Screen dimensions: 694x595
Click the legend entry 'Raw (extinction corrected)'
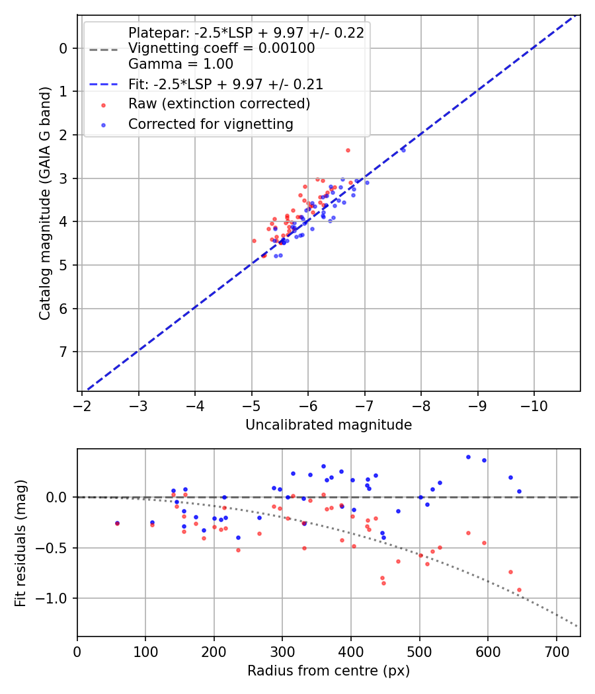(x=219, y=104)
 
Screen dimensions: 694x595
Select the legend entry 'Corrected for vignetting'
(x=210, y=124)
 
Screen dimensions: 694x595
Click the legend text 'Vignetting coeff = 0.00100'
(x=221, y=48)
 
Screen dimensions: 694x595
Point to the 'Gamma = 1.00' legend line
(x=180, y=64)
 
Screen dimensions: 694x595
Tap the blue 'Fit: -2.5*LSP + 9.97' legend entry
(x=225, y=84)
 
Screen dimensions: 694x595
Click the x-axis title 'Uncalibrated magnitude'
(x=329, y=425)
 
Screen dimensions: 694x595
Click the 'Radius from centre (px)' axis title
(x=329, y=671)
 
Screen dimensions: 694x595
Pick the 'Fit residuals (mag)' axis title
(x=20, y=543)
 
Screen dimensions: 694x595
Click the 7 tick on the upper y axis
(x=63, y=352)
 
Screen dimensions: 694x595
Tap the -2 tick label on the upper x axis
(x=82, y=405)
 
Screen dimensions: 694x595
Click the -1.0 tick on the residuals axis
(x=57, y=598)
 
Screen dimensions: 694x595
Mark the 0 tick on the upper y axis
(x=63, y=48)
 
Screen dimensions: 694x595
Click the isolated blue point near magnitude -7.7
(x=403, y=150)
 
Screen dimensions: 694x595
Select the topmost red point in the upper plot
(x=348, y=150)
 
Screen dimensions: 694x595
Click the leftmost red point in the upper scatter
(x=254, y=241)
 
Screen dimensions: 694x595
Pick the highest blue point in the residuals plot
(x=468, y=457)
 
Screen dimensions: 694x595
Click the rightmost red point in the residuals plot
(x=519, y=590)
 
